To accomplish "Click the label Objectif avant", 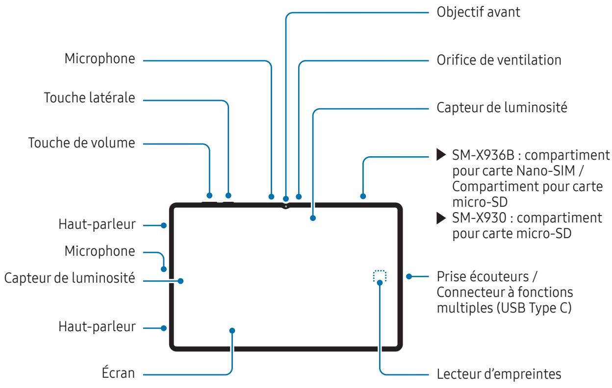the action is (x=478, y=13).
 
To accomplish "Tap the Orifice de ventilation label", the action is (x=499, y=60).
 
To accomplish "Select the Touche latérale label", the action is (x=90, y=97).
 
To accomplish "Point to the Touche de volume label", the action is (x=82, y=143).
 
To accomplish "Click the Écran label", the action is (x=118, y=372).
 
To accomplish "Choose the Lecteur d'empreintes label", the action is (x=499, y=374).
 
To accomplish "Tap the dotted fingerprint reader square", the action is (x=380, y=276).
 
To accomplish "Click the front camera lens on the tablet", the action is (x=286, y=207).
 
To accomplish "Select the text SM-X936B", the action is (x=483, y=155).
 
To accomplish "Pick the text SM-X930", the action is (x=479, y=218).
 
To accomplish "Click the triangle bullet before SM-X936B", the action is (x=441, y=155).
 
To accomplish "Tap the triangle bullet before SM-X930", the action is (x=441, y=218).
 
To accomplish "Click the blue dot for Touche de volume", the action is (x=209, y=195).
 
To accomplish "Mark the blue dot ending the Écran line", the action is (x=232, y=331).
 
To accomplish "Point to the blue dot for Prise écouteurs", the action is (x=409, y=276).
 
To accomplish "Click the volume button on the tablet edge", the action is (x=209, y=202).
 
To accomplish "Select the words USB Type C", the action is (x=534, y=308).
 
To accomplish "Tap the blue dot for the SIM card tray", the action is (x=363, y=196).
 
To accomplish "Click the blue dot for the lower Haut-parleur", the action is (x=164, y=328).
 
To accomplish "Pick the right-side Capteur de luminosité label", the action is (x=502, y=108).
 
